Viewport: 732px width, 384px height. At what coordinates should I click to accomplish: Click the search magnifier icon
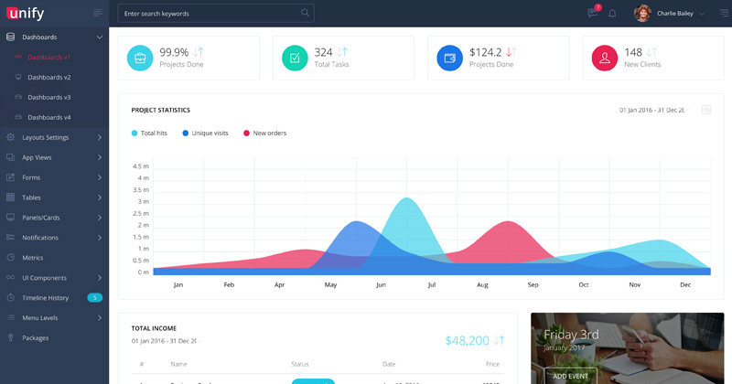[x=305, y=13]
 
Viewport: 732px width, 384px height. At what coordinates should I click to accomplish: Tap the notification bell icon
[x=612, y=14]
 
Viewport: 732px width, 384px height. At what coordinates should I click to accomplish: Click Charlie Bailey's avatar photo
[x=642, y=13]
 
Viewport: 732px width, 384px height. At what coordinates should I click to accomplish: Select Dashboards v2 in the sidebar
[x=48, y=77]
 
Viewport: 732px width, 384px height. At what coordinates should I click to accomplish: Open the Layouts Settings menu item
[x=45, y=137]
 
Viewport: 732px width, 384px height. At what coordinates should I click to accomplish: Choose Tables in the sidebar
[x=31, y=197]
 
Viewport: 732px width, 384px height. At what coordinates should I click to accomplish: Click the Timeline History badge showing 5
[x=94, y=297]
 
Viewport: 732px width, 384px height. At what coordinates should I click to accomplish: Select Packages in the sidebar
[x=36, y=337]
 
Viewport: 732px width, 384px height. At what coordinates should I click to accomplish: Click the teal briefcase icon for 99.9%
[x=141, y=58]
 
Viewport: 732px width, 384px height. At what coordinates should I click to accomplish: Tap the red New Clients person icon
[x=604, y=58]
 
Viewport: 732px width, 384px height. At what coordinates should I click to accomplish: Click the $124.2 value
[x=485, y=52]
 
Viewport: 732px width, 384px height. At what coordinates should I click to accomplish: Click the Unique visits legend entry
[x=210, y=133]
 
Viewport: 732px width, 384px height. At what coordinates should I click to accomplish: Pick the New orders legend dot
[x=246, y=133]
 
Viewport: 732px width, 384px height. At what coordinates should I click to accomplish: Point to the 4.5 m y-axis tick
[x=141, y=166]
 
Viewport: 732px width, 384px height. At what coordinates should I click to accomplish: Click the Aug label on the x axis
[x=482, y=285]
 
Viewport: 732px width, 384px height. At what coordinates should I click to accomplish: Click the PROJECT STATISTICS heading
[x=160, y=110]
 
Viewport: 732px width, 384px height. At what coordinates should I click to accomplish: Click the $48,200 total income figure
[x=467, y=340]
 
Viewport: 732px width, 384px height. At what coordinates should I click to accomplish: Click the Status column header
[x=299, y=364]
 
